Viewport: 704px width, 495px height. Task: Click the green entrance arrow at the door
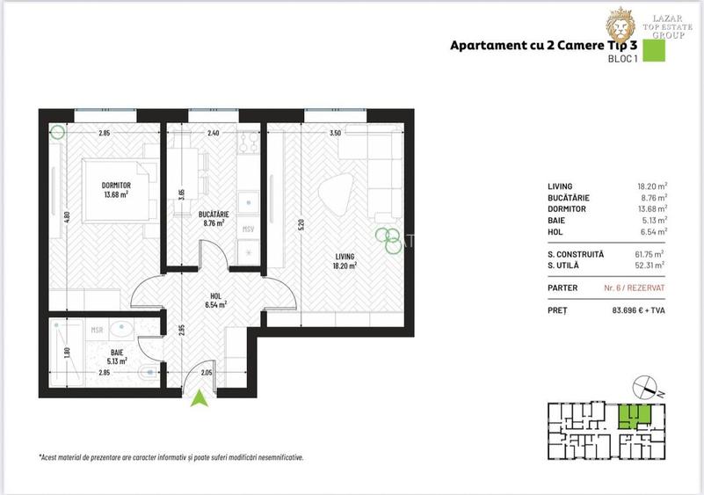tap(201, 399)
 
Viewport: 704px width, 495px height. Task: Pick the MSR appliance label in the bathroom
tap(98, 331)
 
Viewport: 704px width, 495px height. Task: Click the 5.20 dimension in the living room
tap(301, 223)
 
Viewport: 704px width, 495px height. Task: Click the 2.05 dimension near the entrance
tap(205, 373)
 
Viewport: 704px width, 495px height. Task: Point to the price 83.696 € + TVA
tap(637, 309)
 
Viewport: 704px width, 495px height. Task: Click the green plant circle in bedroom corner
tap(58, 134)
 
